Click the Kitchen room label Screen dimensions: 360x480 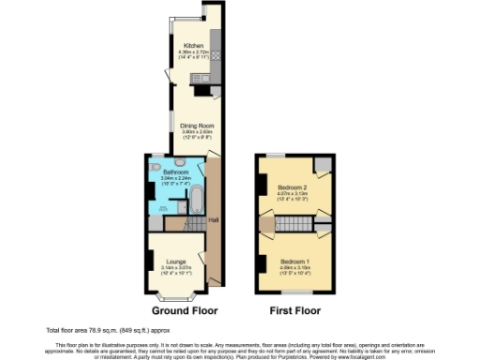pyautogui.click(x=194, y=45)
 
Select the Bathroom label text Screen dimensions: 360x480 pyautogui.click(x=175, y=172)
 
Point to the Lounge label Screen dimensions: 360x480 pyautogui.click(x=176, y=261)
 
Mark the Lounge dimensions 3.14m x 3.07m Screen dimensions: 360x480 pyautogui.click(x=176, y=270)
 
